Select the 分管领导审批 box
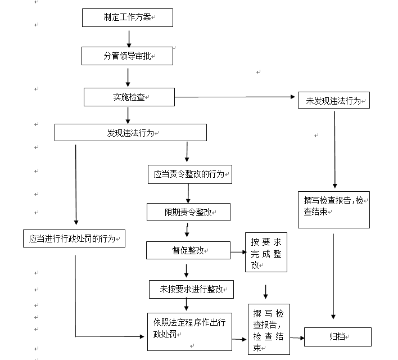pyautogui.click(x=127, y=56)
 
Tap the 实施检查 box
pyautogui.click(x=129, y=97)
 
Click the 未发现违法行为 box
pyautogui.click(x=333, y=101)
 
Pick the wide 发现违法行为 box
pyautogui.click(x=130, y=133)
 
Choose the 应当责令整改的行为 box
pyautogui.click(x=189, y=174)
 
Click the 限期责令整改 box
pyautogui.click(x=188, y=212)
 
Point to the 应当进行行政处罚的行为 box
pyautogui.click(x=74, y=238)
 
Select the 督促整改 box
pyautogui.click(x=188, y=250)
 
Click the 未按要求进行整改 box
pyautogui.click(x=191, y=290)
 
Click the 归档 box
pyautogui.click(x=338, y=337)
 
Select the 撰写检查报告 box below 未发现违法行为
pyautogui.click(x=333, y=209)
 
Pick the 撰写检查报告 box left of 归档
pyautogui.click(x=269, y=330)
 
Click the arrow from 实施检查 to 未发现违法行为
pyautogui.click(x=236, y=97)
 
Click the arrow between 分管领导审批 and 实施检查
pyautogui.click(x=129, y=77)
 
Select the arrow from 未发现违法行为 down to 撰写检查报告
pyautogui.click(x=335, y=149)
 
